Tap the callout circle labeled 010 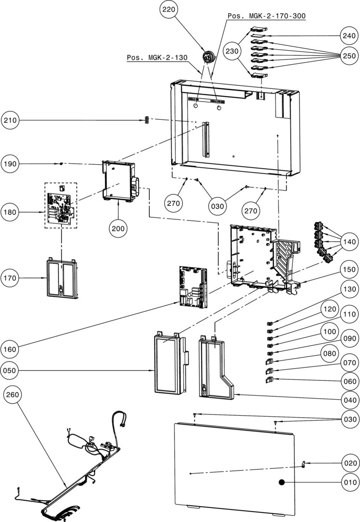pyautogui.click(x=349, y=482)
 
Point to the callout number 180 pyautogui.click(x=10, y=211)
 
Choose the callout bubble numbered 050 pyautogui.click(x=10, y=371)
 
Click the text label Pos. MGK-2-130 pyautogui.click(x=157, y=58)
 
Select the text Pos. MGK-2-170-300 pyautogui.click(x=267, y=16)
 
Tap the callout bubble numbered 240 pyautogui.click(x=349, y=36)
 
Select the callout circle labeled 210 pyautogui.click(x=10, y=120)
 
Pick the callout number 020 pyautogui.click(x=349, y=463)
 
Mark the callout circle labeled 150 pyautogui.click(x=349, y=269)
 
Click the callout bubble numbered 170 pyautogui.click(x=10, y=278)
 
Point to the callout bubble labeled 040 pyautogui.click(x=349, y=400)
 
